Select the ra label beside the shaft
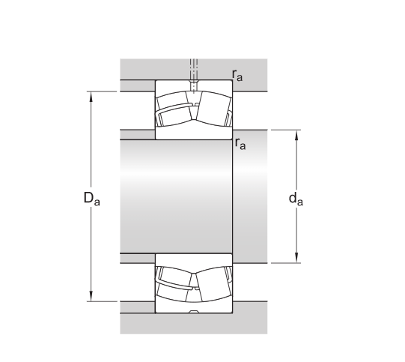pos(240,144)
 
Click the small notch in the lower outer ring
pos(193,310)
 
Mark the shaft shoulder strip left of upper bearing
pos(137,135)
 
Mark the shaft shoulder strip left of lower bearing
pos(137,259)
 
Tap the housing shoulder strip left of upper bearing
pos(137,85)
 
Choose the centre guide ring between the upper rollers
pos(193,109)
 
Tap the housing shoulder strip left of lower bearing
pos(137,307)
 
